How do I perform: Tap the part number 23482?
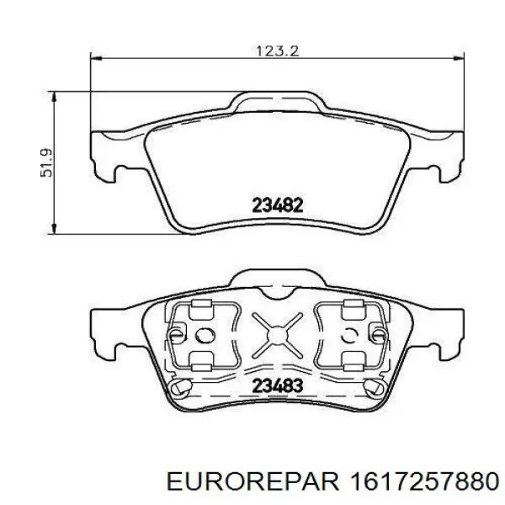coord(278,204)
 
